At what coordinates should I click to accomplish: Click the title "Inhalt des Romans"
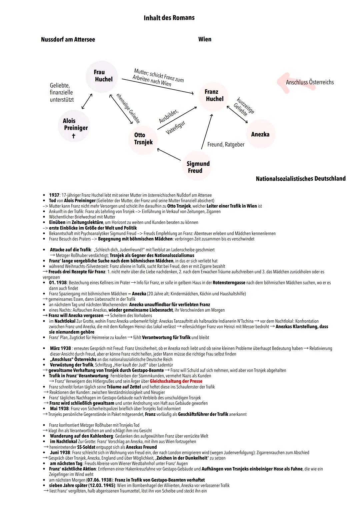tap(169, 18)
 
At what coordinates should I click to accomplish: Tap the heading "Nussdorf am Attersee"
tap(68, 39)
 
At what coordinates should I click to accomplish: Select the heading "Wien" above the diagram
tap(205, 39)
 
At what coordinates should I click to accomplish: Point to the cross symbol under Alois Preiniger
tap(74, 136)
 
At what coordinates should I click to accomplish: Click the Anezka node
tap(260, 134)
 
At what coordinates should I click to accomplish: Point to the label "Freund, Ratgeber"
tap(226, 145)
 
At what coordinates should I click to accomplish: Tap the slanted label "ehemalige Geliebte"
tap(128, 109)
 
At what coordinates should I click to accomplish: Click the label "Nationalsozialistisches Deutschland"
tap(300, 179)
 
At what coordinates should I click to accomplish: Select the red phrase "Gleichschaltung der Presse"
tap(176, 381)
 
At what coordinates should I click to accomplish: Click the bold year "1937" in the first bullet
tap(54, 195)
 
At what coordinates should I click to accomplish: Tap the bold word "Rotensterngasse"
tap(229, 283)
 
